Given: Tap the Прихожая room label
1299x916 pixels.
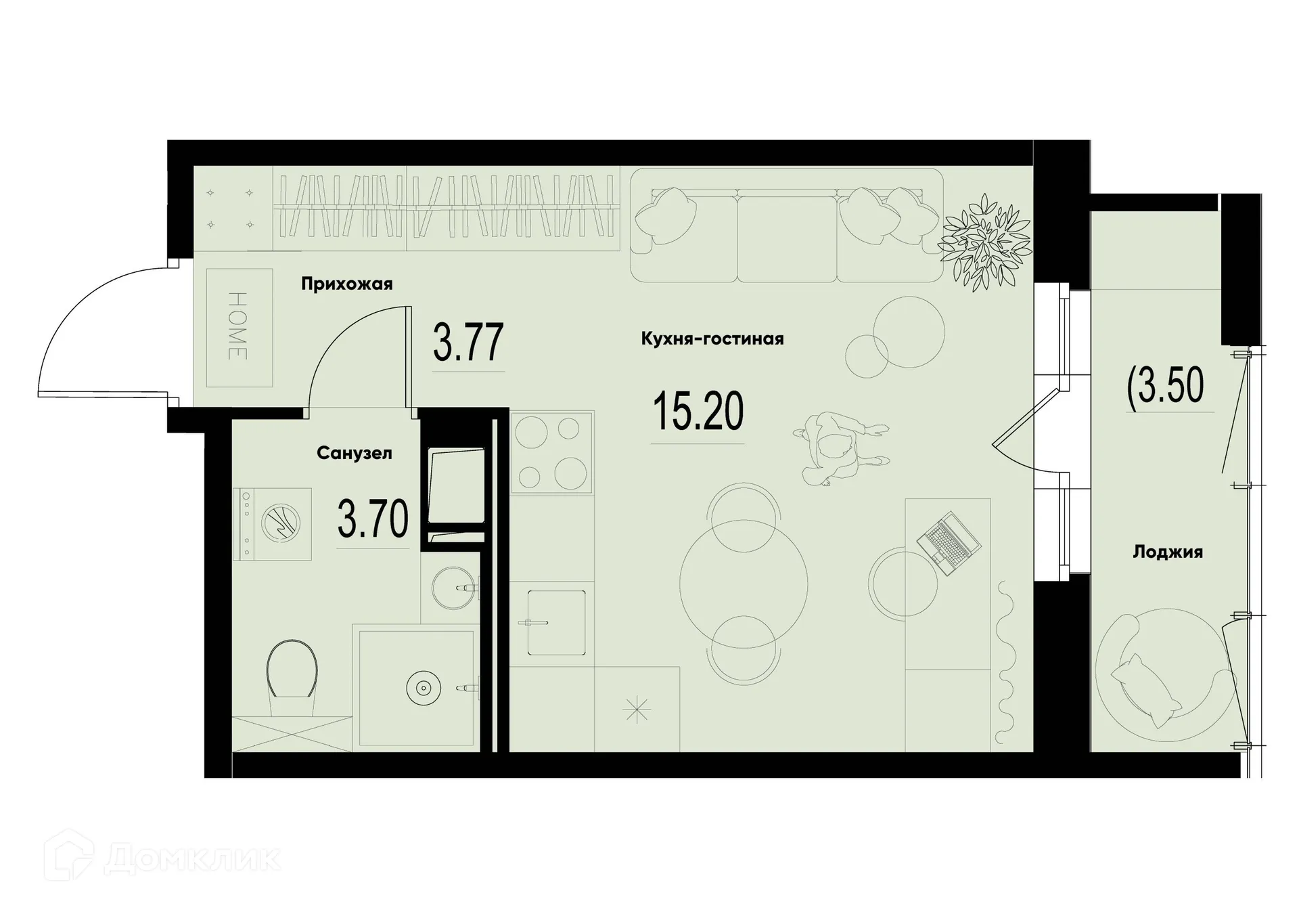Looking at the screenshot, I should (346, 284).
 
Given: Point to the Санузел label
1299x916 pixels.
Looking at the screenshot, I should (354, 453).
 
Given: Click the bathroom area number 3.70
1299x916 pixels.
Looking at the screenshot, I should (373, 519).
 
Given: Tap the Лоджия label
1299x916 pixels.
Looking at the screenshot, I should (1168, 552).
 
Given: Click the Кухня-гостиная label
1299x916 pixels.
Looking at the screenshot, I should (712, 339).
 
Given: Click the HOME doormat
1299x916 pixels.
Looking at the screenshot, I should (239, 328).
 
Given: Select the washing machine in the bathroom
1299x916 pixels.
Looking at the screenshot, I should (272, 524).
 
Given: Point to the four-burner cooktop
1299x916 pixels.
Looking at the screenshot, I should (551, 452).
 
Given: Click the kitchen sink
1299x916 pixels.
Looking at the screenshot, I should (556, 622).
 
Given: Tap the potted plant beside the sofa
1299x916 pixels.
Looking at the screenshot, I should (986, 240).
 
